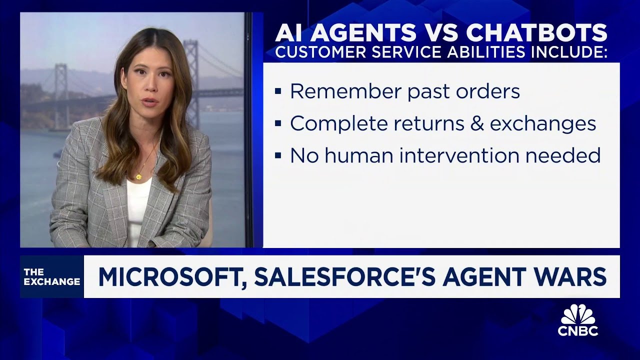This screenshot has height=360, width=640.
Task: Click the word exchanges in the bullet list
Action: coord(543,123)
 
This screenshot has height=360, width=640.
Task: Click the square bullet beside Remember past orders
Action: coord(278,92)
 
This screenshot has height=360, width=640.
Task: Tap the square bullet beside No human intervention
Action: coord(278,156)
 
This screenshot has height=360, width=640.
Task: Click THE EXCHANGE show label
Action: coord(51,277)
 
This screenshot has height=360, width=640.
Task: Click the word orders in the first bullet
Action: coord(491,91)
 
